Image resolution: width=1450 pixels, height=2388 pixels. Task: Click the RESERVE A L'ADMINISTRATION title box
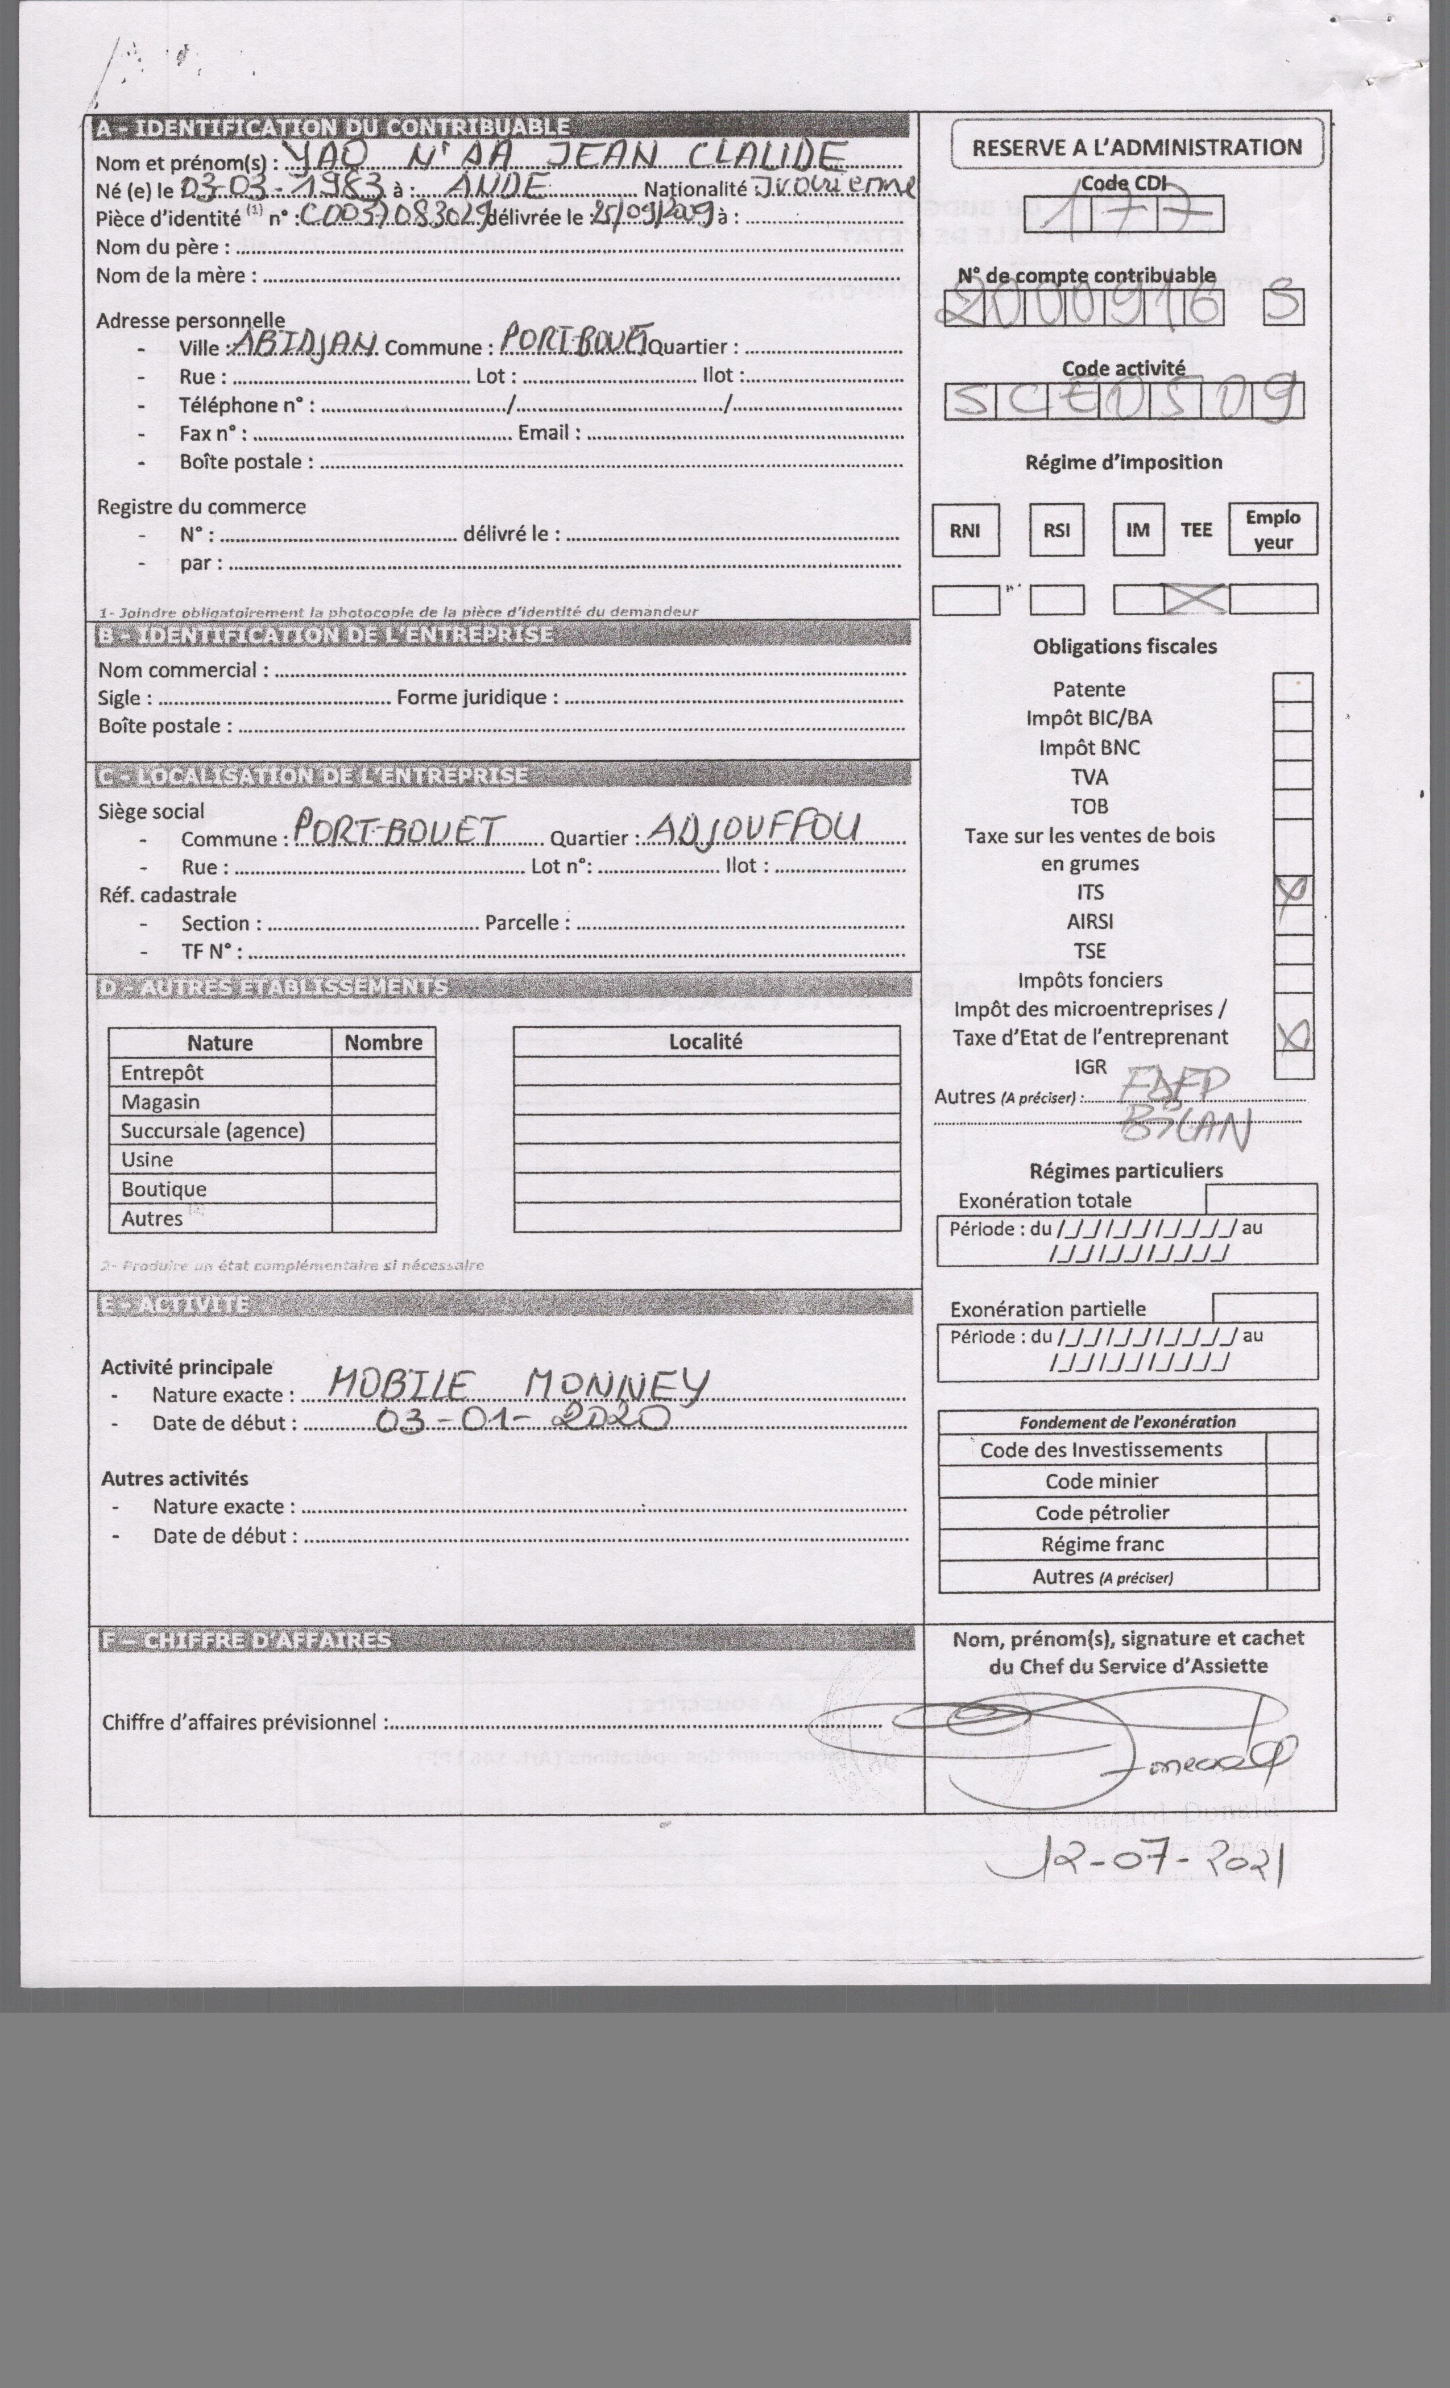coord(1136,147)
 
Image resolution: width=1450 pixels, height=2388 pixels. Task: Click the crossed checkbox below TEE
coord(1195,599)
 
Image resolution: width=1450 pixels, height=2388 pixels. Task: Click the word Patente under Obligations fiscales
coord(1088,689)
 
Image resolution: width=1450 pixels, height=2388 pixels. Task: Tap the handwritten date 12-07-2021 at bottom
coord(1139,1859)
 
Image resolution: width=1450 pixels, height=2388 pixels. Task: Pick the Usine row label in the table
coord(147,1159)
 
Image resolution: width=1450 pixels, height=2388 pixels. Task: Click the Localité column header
coord(706,1041)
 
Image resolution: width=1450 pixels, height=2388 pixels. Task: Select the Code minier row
coord(1101,1481)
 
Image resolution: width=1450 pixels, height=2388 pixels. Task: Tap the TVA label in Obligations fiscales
coord(1088,776)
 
